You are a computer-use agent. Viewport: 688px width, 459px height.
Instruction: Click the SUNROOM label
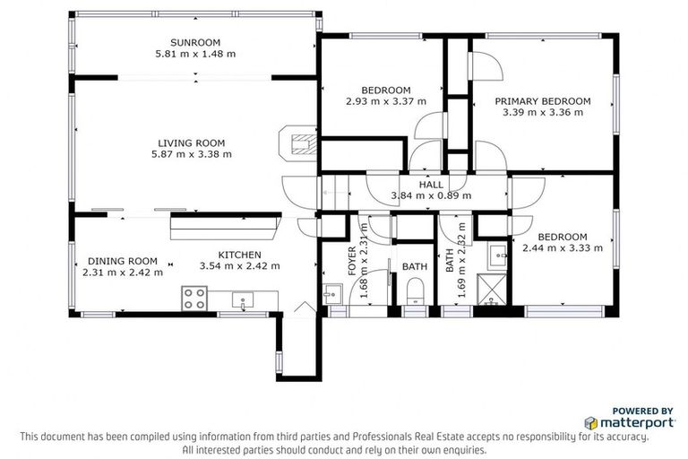(x=194, y=42)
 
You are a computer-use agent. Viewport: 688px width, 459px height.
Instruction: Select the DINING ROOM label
(x=123, y=261)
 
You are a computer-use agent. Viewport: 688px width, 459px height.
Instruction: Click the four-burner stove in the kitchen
(x=194, y=298)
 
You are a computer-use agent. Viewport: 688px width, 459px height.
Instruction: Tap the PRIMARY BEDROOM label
(x=543, y=101)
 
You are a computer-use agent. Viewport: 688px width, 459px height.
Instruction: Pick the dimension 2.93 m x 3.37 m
(x=385, y=101)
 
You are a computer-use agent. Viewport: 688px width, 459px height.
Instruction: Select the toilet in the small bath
(x=415, y=293)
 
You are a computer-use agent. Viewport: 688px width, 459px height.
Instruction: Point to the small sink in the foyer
(x=331, y=292)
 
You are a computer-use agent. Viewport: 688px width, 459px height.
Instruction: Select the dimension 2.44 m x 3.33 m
(x=563, y=247)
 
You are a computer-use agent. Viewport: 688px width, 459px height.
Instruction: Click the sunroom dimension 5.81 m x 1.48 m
(x=194, y=54)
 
